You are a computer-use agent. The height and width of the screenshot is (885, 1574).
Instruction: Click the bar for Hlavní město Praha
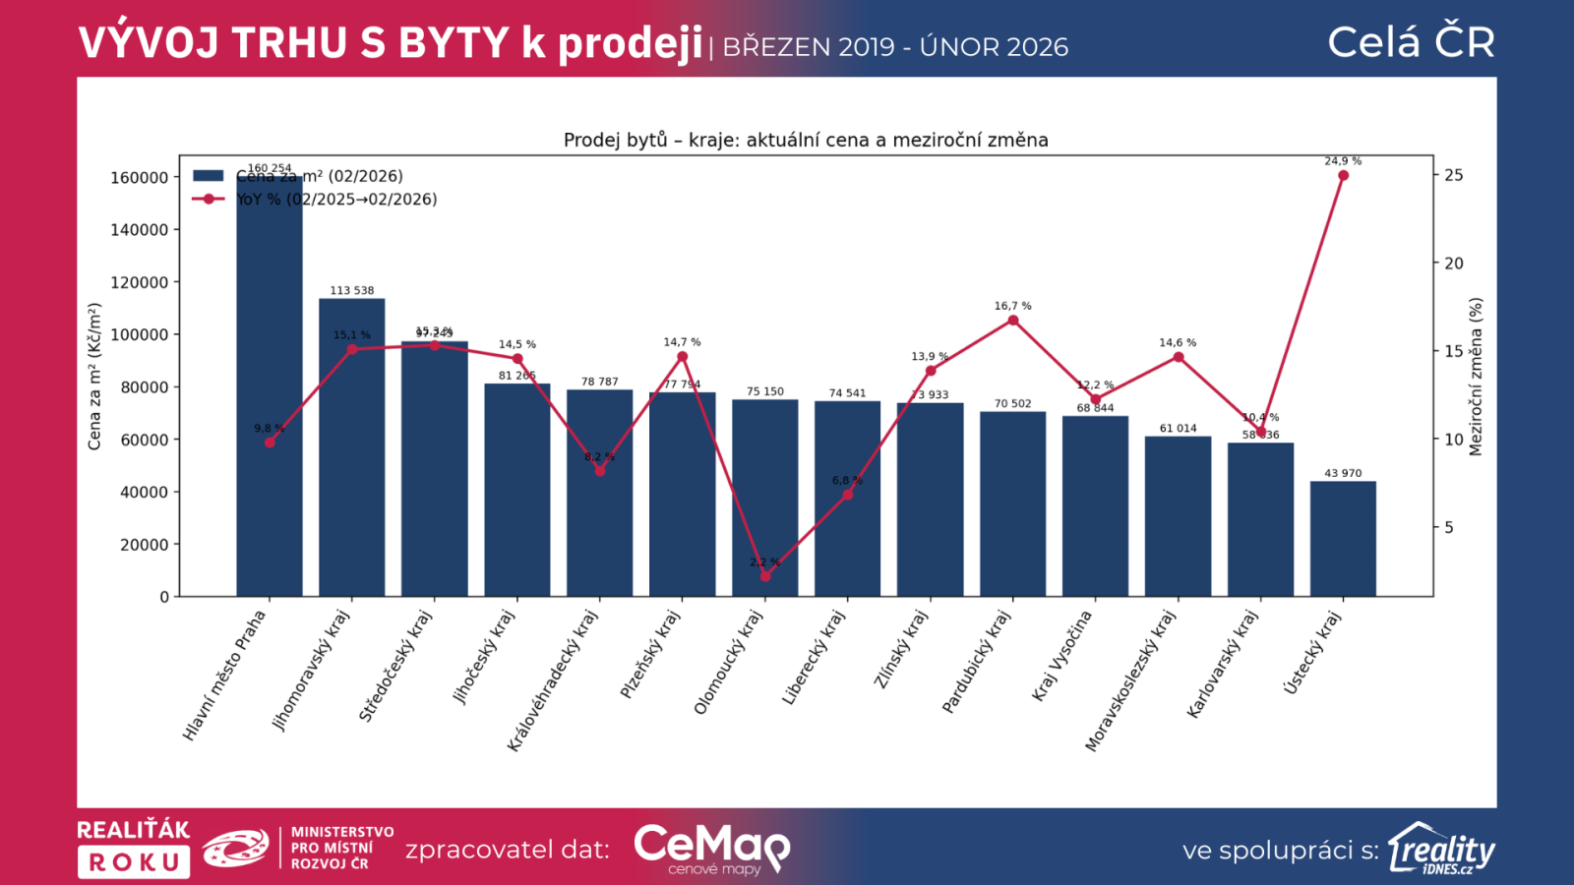pos(269,393)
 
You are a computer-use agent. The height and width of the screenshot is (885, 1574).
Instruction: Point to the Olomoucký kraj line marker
pos(765,576)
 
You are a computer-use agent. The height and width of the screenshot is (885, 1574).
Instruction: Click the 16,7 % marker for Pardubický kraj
pos(1013,321)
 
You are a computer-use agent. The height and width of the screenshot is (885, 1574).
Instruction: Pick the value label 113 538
pos(352,290)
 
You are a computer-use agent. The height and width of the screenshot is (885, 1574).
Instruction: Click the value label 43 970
pos(1343,473)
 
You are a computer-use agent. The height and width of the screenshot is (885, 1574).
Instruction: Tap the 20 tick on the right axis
pos(1454,264)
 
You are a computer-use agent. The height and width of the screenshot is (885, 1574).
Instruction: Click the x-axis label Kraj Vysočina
pos(1062,656)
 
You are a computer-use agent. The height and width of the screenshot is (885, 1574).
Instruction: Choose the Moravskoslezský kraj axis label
pos(1130,680)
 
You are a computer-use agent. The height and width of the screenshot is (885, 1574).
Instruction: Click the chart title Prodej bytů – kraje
pos(806,140)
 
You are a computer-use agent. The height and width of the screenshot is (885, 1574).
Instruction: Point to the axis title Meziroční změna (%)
pos(1476,377)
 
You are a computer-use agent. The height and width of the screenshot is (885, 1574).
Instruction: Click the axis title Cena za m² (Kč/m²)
pos(94,377)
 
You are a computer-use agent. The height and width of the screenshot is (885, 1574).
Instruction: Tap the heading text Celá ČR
pos(1411,42)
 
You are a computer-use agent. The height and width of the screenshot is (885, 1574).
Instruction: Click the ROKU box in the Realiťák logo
pos(134,862)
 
